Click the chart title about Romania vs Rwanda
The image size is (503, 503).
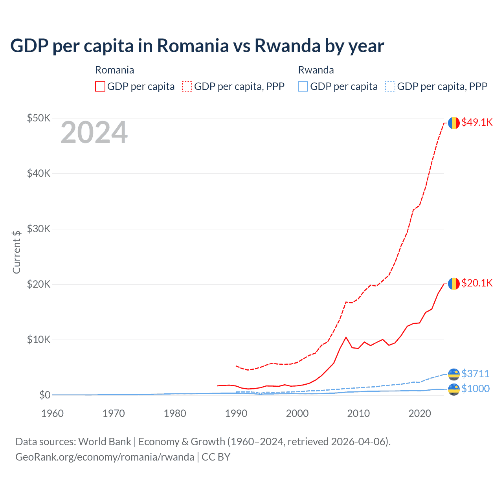pyautogui.click(x=197, y=46)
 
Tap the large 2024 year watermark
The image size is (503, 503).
pyautogui.click(x=94, y=133)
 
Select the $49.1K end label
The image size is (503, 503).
pyautogui.click(x=477, y=122)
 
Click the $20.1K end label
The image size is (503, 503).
pyautogui.click(x=477, y=283)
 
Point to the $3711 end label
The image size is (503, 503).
pyautogui.click(x=475, y=373)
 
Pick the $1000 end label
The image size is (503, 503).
pyautogui.click(x=475, y=389)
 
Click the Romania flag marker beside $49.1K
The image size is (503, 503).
pyautogui.click(x=454, y=123)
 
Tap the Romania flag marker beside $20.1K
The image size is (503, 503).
pyautogui.click(x=454, y=283)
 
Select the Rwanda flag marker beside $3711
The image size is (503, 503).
pyautogui.click(x=454, y=374)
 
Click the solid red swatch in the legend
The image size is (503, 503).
pyautogui.click(x=100, y=86)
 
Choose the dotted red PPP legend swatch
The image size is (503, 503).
pyautogui.click(x=187, y=86)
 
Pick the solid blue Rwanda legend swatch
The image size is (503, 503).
pyautogui.click(x=303, y=86)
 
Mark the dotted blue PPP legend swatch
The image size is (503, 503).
pyautogui.click(x=390, y=86)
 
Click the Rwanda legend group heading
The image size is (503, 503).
pyautogui.click(x=316, y=70)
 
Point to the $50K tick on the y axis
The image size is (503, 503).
pyautogui.click(x=39, y=118)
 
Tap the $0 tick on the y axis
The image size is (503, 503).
pyautogui.click(x=45, y=395)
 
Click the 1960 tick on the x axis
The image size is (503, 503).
pyautogui.click(x=52, y=413)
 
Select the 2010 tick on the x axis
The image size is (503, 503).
pyautogui.click(x=358, y=413)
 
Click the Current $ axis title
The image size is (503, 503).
pyautogui.click(x=17, y=252)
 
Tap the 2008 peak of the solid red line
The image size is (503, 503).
pyautogui.click(x=346, y=337)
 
